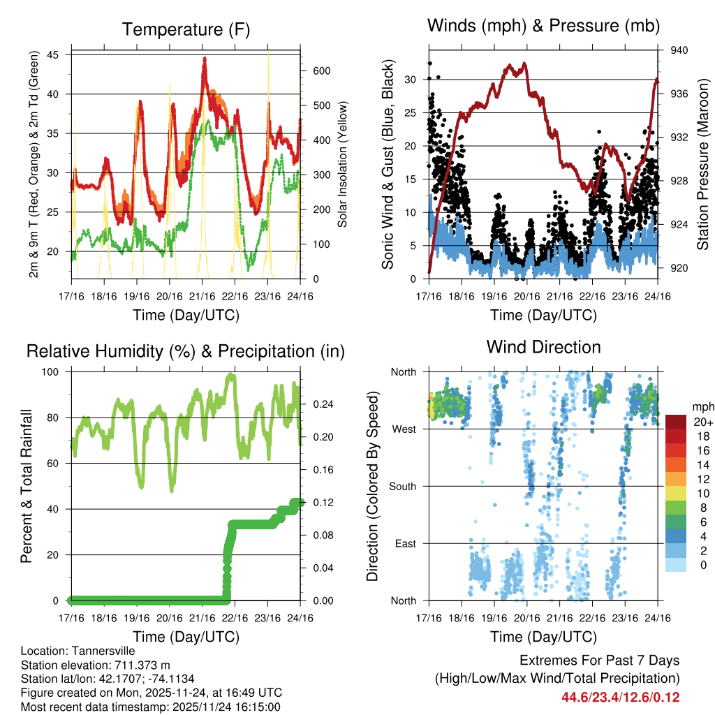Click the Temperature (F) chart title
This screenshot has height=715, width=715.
(186, 29)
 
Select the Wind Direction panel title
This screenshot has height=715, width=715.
(543, 347)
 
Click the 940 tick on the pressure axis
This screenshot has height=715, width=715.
(679, 50)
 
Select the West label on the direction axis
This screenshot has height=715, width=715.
(403, 429)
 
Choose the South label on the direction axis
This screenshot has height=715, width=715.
(401, 486)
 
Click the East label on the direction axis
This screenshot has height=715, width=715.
(404, 543)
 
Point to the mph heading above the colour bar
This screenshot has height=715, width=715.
(701, 406)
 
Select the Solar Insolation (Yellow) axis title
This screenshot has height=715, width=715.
(343, 165)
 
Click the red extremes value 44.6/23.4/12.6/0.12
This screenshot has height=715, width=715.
(620, 697)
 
